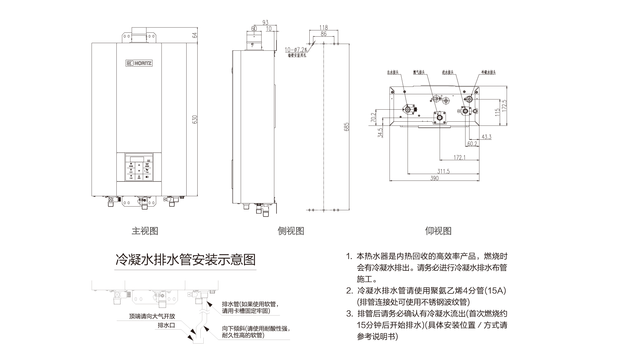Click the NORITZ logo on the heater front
click(x=139, y=63)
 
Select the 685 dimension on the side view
click(x=346, y=127)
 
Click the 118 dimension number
click(x=323, y=27)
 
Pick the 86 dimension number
click(x=323, y=34)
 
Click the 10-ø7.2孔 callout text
click(x=296, y=50)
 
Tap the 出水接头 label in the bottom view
click(x=393, y=72)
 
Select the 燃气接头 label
click(x=419, y=72)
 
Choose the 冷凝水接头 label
click(x=488, y=72)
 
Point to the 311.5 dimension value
click(x=443, y=171)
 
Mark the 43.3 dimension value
click(x=486, y=137)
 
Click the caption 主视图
click(x=145, y=231)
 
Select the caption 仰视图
click(x=438, y=231)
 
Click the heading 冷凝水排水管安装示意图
click(x=185, y=259)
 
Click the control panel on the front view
click(x=139, y=167)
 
